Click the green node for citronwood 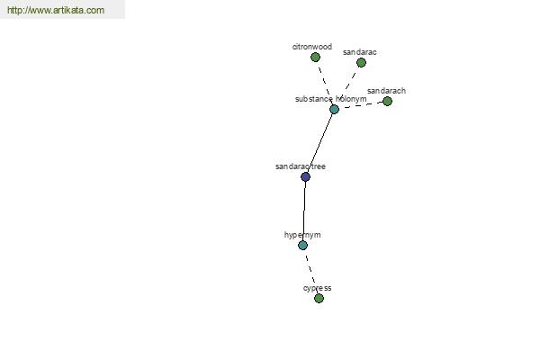point(315,58)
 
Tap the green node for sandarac point(361,63)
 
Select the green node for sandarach point(387,102)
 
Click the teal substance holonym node point(334,110)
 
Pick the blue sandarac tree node point(305,176)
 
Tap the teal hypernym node point(302,246)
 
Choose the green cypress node point(319,298)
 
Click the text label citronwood point(312,47)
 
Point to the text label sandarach point(386,91)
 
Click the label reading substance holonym point(331,99)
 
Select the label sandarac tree point(301,166)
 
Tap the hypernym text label point(302,235)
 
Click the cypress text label point(317,288)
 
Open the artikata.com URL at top point(56,10)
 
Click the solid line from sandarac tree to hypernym point(304,211)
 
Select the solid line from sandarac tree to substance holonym point(319,143)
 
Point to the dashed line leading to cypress point(311,272)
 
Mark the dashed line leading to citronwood point(325,84)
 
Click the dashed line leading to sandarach point(361,105)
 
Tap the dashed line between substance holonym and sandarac point(347,86)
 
